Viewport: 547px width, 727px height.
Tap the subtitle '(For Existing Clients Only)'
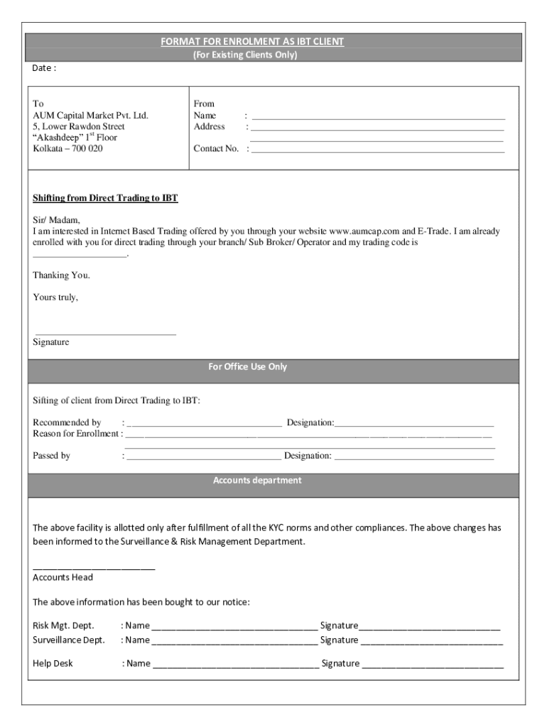click(x=245, y=55)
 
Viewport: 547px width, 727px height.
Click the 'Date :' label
click(x=44, y=68)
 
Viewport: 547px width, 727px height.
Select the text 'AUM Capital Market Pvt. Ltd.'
click(x=90, y=115)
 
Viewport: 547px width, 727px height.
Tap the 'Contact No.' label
click(x=216, y=149)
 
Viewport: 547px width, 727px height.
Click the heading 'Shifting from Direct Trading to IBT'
click(x=105, y=198)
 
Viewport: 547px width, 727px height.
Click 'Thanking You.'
click(x=61, y=275)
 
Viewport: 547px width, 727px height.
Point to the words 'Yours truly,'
click(x=55, y=297)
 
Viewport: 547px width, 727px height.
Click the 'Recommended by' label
click(x=67, y=423)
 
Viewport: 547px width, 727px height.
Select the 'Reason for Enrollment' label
click(x=75, y=434)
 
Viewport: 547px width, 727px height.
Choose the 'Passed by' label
click(x=51, y=456)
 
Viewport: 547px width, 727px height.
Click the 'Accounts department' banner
click(x=257, y=481)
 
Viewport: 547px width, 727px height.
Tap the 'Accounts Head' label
click(x=63, y=577)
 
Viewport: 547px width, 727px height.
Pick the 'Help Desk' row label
click(x=53, y=664)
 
